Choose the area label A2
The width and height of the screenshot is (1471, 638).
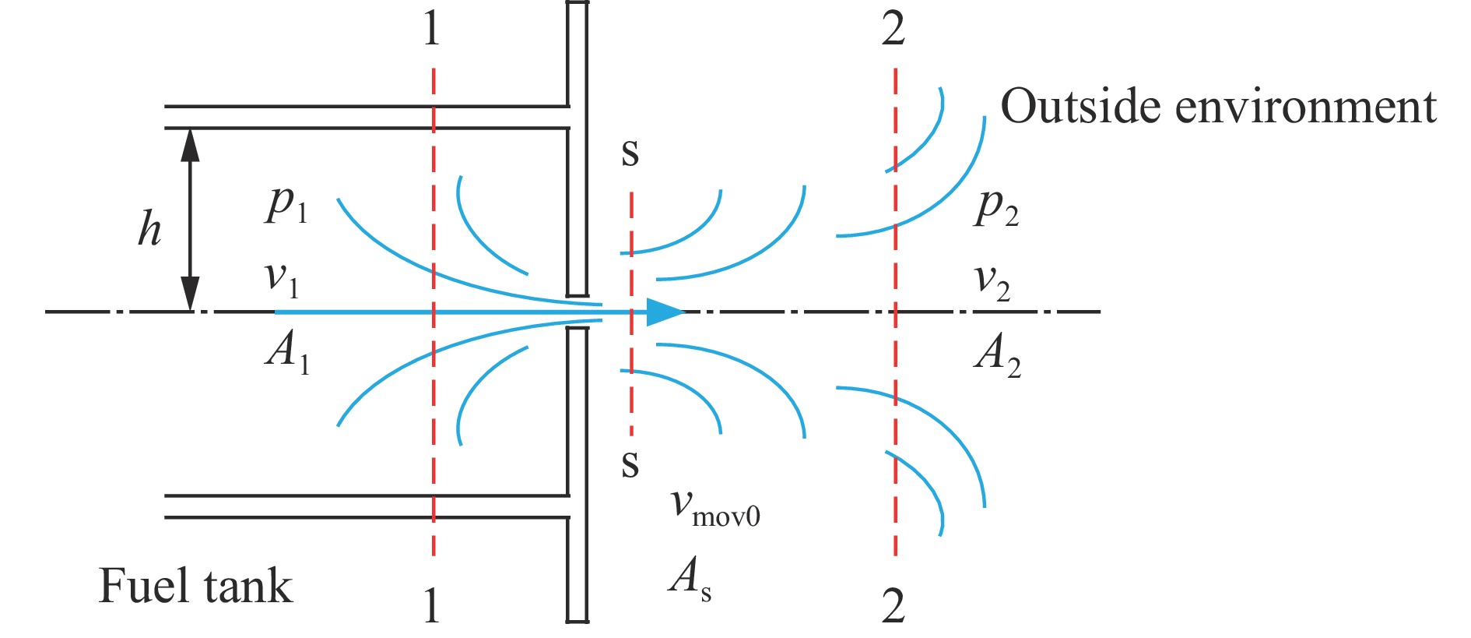click(x=997, y=354)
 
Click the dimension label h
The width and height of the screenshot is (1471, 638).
click(x=149, y=229)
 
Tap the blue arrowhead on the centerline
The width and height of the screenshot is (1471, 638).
click(x=664, y=312)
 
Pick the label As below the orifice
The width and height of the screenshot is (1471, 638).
click(x=690, y=580)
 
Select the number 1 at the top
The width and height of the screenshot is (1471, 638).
click(x=432, y=30)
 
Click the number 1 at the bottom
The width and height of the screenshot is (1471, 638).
click(x=432, y=605)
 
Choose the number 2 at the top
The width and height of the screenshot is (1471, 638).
click(x=893, y=30)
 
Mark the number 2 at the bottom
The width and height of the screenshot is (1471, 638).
click(x=893, y=605)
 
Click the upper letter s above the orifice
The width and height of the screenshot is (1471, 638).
click(x=630, y=153)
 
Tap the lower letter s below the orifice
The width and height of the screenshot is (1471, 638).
click(x=630, y=464)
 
